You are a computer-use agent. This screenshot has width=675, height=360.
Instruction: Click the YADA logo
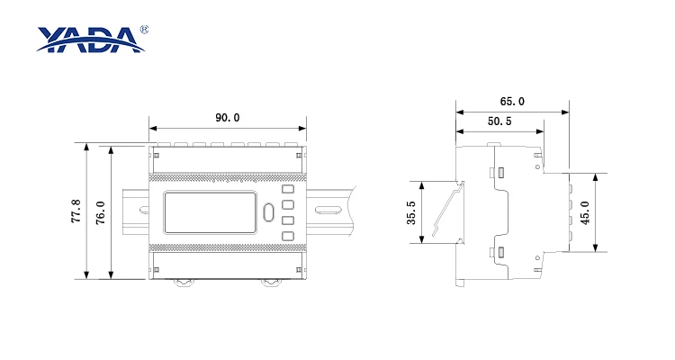pos(90,40)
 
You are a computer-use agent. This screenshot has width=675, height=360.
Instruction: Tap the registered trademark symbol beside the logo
pos(144,30)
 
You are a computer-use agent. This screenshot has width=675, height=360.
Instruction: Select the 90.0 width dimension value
pos(228,118)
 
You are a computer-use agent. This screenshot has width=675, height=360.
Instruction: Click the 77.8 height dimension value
pos(76,211)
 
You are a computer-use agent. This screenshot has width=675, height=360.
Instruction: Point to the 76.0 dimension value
pos(100,212)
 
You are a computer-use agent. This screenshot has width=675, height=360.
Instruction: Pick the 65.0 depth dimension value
pos(512,101)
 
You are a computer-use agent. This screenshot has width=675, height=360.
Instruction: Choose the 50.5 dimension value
pos(499,121)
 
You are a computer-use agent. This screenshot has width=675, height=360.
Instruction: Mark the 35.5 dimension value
pos(411,212)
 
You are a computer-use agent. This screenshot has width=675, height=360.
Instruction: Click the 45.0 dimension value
pos(585,212)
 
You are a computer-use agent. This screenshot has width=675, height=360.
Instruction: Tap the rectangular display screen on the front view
pos(210,212)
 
